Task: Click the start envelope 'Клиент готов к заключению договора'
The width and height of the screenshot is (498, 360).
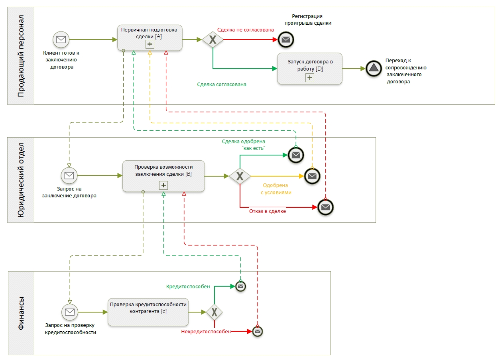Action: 61,39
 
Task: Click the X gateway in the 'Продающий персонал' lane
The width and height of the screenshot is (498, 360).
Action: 213,39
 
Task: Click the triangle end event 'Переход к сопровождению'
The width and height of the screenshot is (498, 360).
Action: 374,68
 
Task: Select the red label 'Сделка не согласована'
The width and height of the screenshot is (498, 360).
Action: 245,30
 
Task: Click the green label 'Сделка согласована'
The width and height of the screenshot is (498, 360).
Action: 222,85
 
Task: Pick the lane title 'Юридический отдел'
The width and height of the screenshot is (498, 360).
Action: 21,180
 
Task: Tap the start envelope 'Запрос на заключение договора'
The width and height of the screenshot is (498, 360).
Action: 69,175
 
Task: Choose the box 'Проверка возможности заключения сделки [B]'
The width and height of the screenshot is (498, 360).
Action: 163,176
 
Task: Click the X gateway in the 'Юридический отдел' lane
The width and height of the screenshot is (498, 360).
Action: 240,176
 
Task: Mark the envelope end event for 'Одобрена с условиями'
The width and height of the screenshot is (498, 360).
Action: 312,176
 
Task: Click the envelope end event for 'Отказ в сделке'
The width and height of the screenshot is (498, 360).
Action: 325,207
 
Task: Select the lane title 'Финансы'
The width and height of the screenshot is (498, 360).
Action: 21,313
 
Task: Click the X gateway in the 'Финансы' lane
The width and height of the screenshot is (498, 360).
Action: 214,312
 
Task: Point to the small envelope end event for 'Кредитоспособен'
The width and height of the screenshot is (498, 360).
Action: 240,286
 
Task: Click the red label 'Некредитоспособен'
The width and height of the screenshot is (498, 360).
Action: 206,331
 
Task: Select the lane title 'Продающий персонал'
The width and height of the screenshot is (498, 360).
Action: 21,56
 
